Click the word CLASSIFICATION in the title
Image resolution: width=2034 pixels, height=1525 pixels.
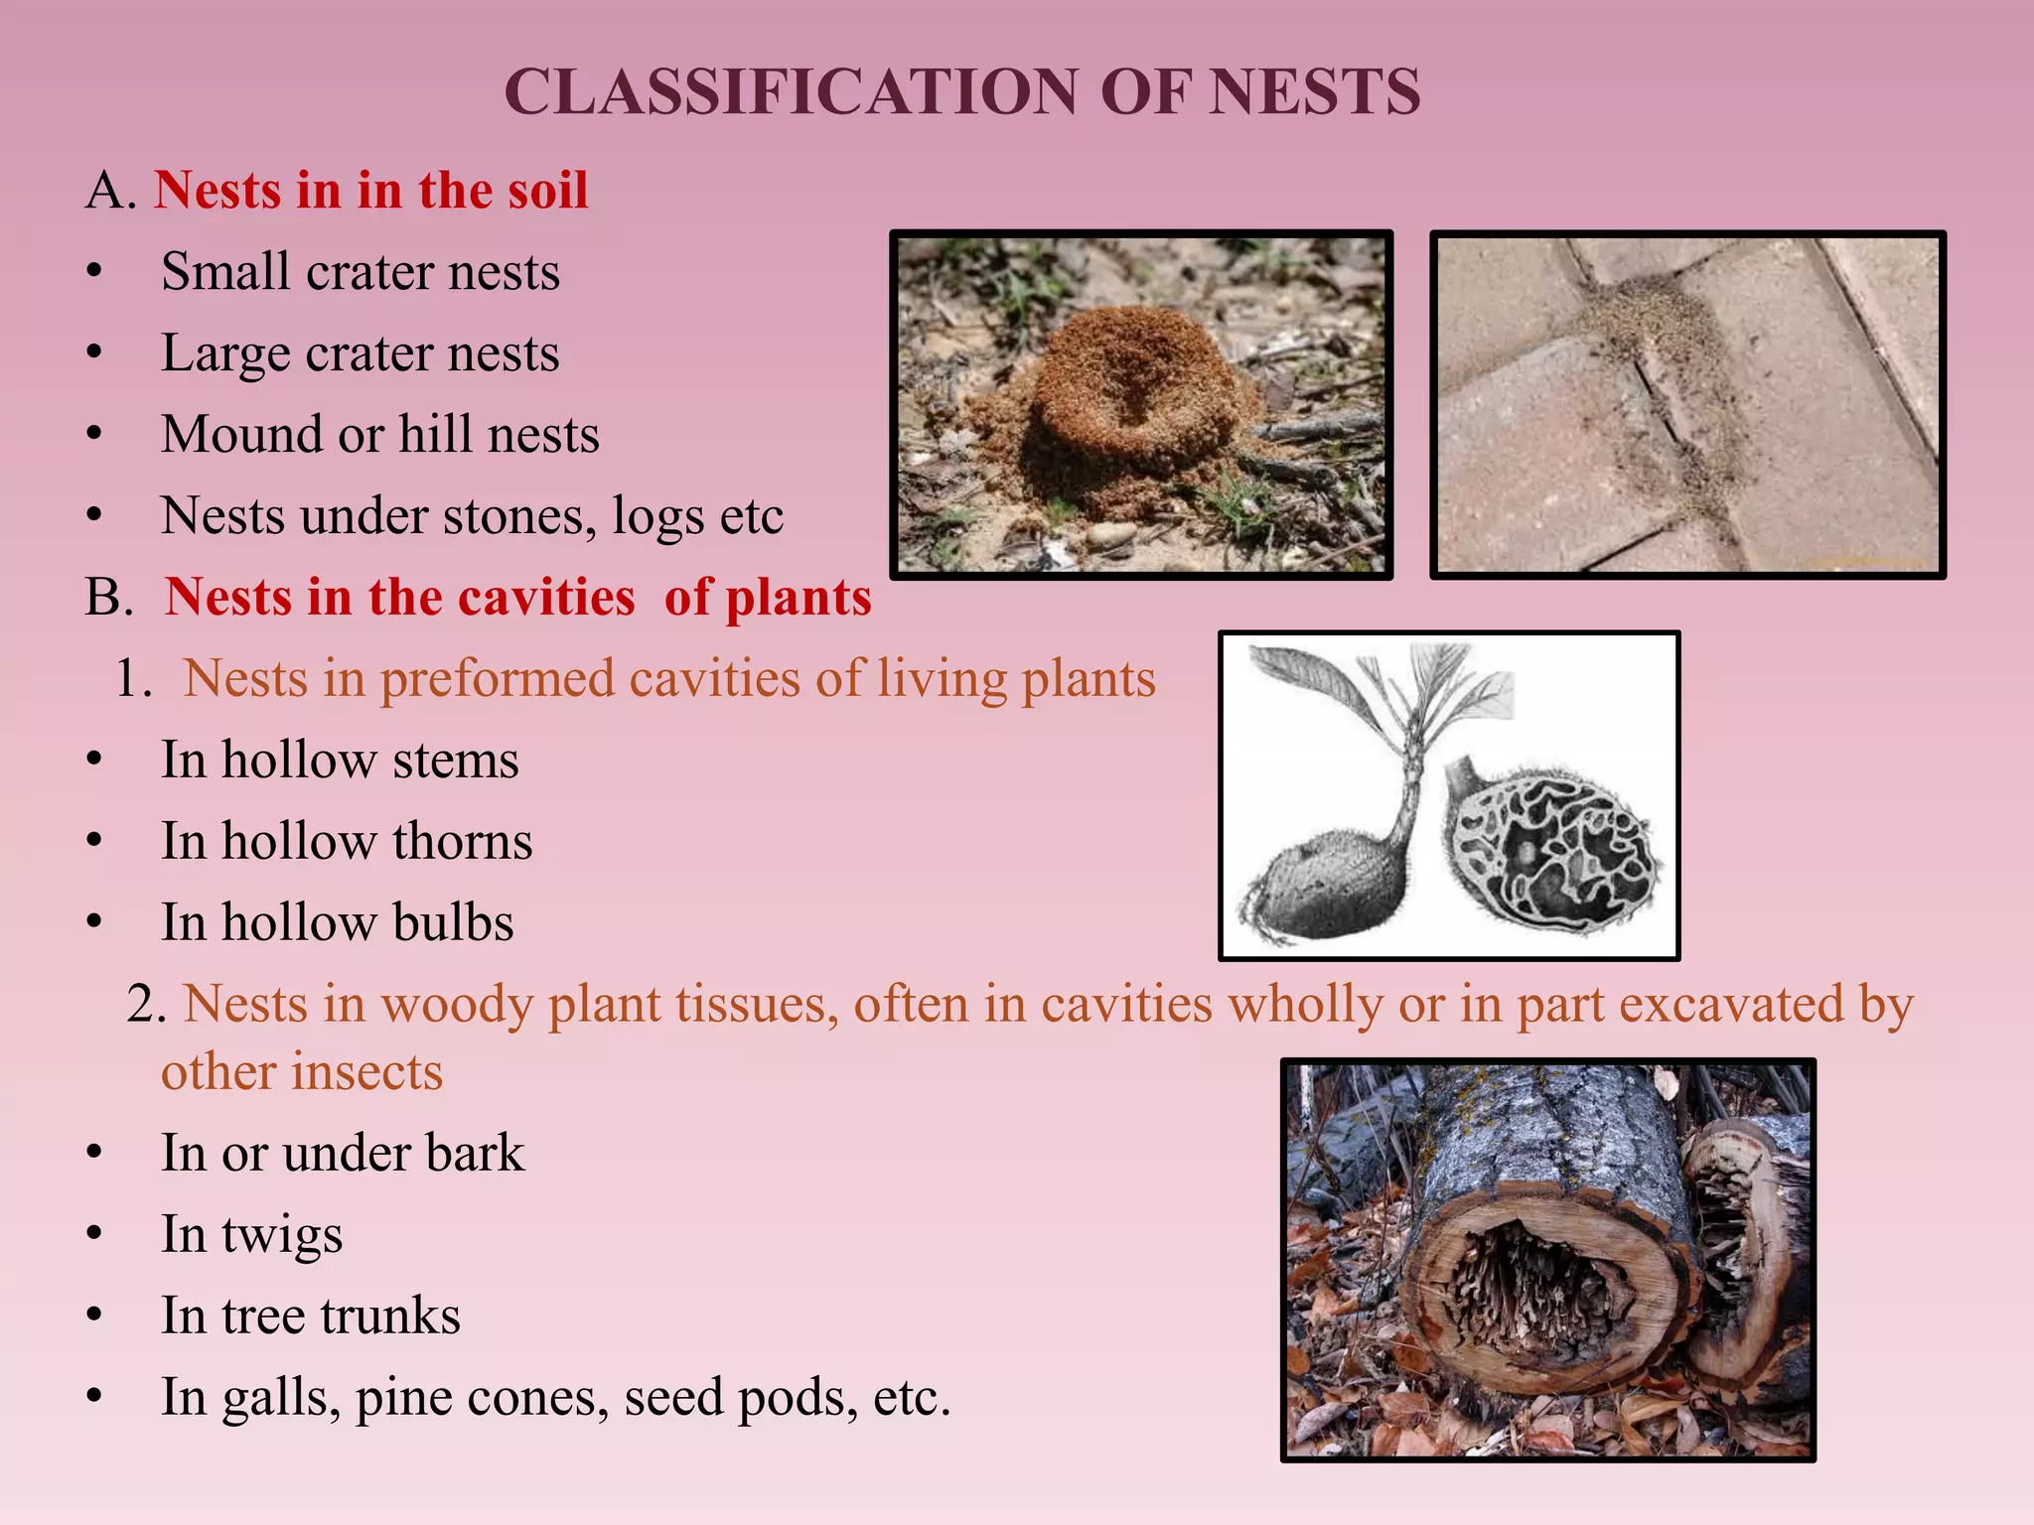(x=791, y=93)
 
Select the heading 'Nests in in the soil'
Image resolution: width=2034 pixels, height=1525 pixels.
(x=370, y=190)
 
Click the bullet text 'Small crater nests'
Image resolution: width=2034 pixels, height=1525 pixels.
(x=360, y=272)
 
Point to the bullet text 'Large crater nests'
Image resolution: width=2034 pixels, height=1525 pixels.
(x=360, y=353)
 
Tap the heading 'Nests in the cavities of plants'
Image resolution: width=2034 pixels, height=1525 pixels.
(x=517, y=598)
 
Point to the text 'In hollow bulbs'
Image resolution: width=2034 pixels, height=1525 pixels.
(x=337, y=923)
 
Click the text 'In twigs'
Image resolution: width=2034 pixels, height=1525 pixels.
(x=251, y=1235)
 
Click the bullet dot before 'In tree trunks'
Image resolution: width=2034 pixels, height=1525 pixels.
(x=94, y=1317)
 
